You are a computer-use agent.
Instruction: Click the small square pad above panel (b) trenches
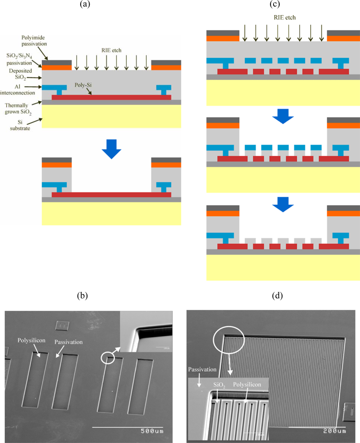tap(62, 326)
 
